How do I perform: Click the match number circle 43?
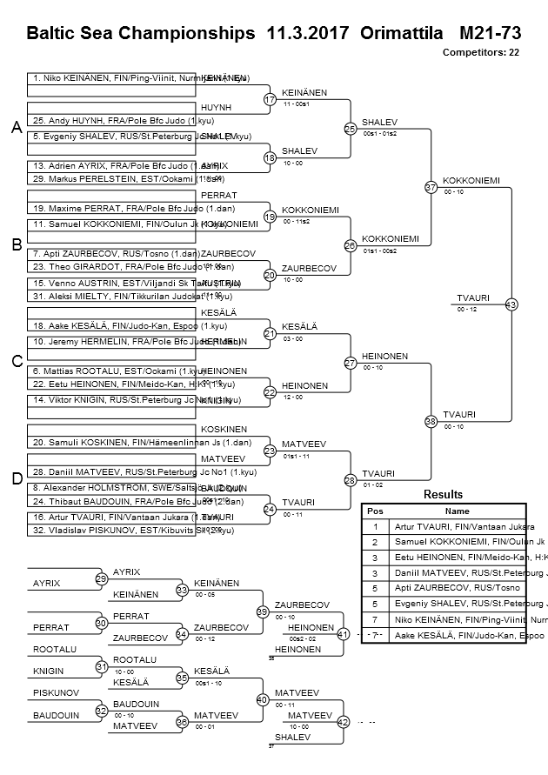click(x=511, y=304)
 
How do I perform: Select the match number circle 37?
click(x=430, y=187)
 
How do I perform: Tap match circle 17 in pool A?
click(x=270, y=99)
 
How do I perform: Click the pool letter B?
click(x=16, y=245)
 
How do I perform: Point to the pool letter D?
click(x=16, y=478)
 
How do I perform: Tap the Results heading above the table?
click(x=443, y=494)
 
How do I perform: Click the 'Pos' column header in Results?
click(x=375, y=511)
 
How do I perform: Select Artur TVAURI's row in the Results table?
click(x=444, y=526)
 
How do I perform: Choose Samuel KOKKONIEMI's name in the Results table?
click(x=469, y=541)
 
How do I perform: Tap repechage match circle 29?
click(x=101, y=578)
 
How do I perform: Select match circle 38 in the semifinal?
click(x=430, y=421)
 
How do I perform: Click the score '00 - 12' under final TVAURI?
click(x=467, y=310)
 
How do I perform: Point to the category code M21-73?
click(x=489, y=33)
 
